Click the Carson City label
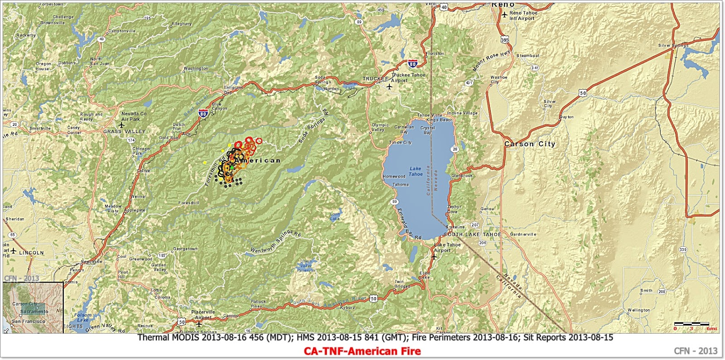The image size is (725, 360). [x=530, y=144]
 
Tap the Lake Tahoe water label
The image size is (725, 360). [x=416, y=171]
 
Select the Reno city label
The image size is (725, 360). [x=503, y=5]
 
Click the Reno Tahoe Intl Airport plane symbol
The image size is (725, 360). [x=504, y=15]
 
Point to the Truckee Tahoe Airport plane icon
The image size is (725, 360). [x=389, y=86]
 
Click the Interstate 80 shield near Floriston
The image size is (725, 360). [x=412, y=64]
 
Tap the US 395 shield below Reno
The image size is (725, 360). [x=505, y=40]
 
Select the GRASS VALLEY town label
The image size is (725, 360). [x=125, y=132]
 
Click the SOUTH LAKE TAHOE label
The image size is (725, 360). [x=473, y=235]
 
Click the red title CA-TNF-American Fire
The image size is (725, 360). [x=362, y=351]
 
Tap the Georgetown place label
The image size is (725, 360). [x=185, y=249]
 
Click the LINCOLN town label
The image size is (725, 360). [x=31, y=253]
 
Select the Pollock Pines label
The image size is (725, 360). [x=258, y=304]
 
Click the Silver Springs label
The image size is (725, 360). [x=673, y=46]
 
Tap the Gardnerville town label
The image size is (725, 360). [x=523, y=235]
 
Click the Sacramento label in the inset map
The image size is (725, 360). [x=34, y=312]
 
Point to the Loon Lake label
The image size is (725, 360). [x=335, y=216]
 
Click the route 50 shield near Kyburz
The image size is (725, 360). [x=373, y=298]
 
